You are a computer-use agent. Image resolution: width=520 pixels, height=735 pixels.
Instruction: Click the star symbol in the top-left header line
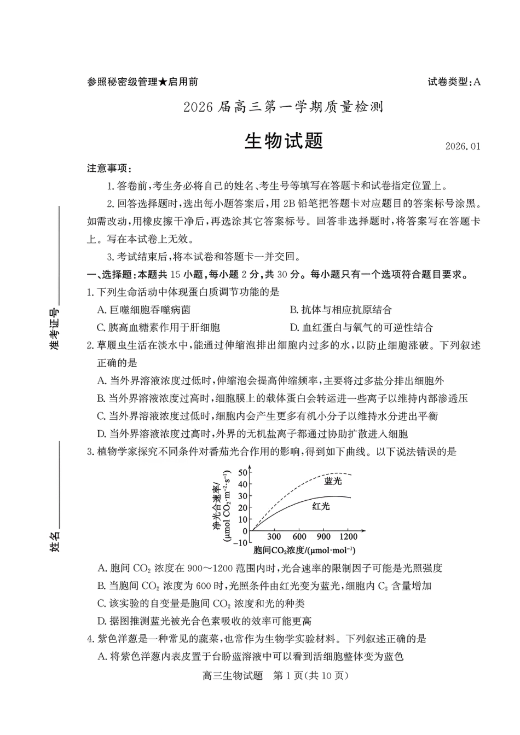163,82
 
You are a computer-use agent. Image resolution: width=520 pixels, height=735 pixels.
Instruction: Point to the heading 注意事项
109,168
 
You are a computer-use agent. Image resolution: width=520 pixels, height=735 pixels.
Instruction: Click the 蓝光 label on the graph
333,481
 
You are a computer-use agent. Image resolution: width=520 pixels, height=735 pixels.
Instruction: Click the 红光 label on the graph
321,506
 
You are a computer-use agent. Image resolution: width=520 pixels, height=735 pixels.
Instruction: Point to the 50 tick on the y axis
242,472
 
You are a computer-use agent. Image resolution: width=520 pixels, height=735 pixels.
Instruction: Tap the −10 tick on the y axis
240,542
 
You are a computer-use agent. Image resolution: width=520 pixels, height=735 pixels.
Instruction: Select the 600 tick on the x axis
299,537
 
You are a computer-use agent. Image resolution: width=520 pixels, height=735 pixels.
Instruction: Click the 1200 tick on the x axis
348,537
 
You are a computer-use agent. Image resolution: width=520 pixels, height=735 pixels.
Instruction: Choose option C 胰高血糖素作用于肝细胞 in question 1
158,327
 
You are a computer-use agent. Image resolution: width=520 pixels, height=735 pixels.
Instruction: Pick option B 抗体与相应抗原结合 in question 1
340,310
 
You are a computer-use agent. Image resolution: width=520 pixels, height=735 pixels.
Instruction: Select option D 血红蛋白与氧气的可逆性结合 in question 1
361,327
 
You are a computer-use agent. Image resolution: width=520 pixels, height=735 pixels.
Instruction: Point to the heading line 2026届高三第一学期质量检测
283,107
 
